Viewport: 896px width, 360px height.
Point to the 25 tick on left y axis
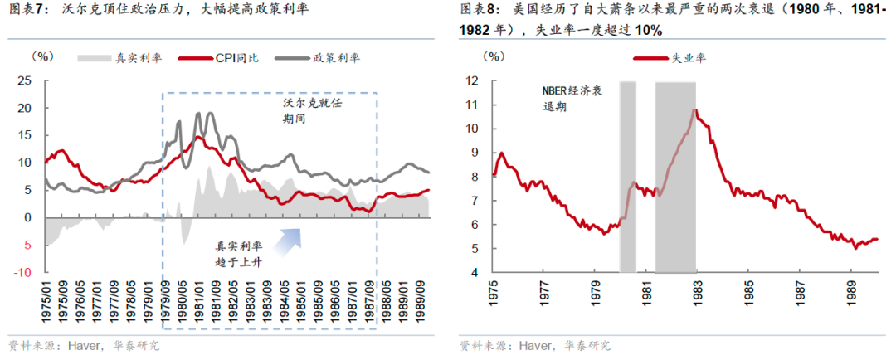coord(25,81)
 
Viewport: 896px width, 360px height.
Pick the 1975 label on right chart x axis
coord(493,294)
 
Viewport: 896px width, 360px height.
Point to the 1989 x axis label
coord(850,294)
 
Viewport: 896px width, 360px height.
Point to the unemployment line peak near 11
coord(694,109)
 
